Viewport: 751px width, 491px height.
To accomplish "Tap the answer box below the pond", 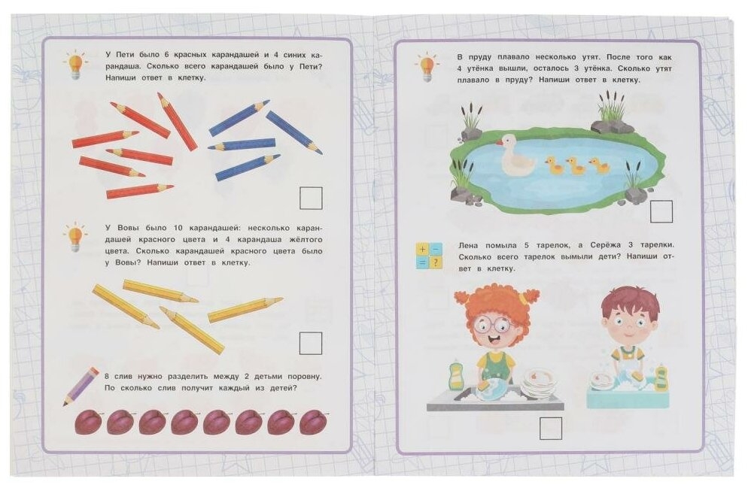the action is pos(661,211).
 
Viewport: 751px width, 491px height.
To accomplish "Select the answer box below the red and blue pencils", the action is pos(311,198).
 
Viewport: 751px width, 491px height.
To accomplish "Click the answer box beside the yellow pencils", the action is pos(310,343).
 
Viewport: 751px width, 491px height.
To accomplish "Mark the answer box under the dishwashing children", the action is pos(550,429).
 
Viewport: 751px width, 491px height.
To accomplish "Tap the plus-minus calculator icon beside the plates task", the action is pos(429,256).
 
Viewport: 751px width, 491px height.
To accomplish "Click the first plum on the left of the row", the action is pos(89,422).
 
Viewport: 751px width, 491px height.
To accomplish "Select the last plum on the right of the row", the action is pos(314,422).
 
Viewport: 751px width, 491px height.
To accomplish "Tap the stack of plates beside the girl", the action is pos(540,382).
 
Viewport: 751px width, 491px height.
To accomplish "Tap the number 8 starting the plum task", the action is pos(107,377).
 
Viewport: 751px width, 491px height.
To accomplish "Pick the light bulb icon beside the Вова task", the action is pos(74,238).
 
